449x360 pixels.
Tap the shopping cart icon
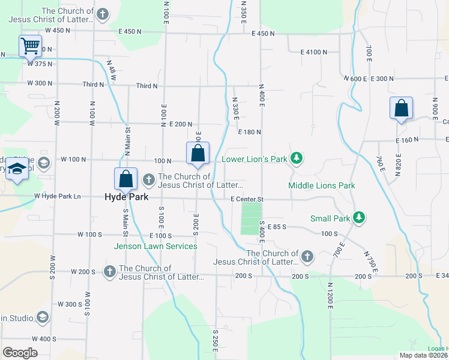(30, 46)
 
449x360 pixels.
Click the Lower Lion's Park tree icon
(296, 158)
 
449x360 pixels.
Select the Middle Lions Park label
(322, 185)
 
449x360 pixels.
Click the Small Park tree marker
(359, 217)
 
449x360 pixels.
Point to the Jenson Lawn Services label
(156, 246)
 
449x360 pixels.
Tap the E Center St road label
(247, 199)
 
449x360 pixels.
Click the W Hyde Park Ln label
(57, 196)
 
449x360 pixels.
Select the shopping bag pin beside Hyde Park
(126, 178)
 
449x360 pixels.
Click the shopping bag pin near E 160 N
(401, 109)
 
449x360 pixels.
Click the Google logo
(20, 352)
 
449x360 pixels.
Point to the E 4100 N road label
(314, 52)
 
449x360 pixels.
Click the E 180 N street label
(250, 132)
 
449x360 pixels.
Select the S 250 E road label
(215, 339)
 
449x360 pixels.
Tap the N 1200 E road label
(330, 295)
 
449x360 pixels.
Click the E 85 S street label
(276, 227)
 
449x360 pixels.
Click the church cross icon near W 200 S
(109, 272)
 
